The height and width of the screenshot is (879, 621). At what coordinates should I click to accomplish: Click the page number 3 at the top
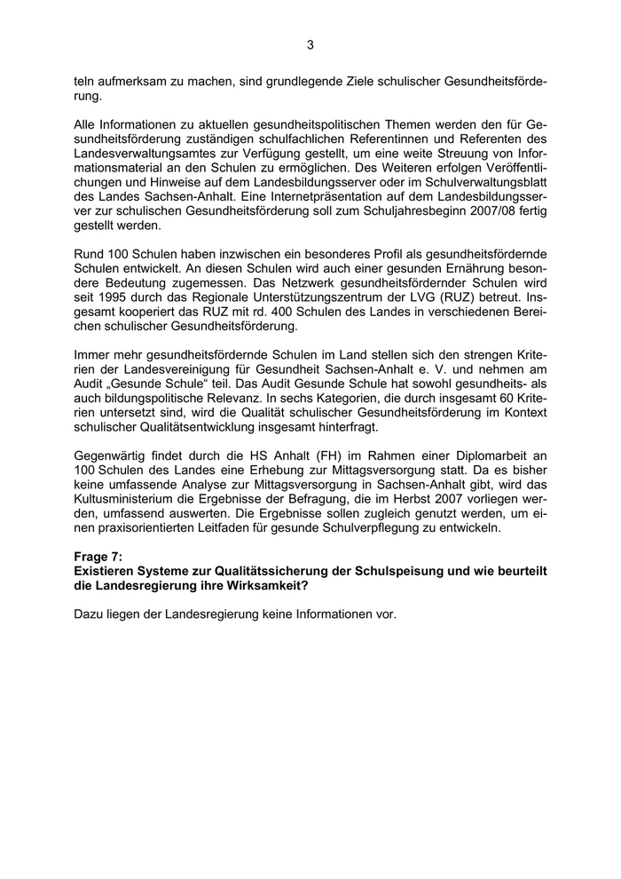(310, 44)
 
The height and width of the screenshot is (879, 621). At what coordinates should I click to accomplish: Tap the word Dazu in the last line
(90, 614)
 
